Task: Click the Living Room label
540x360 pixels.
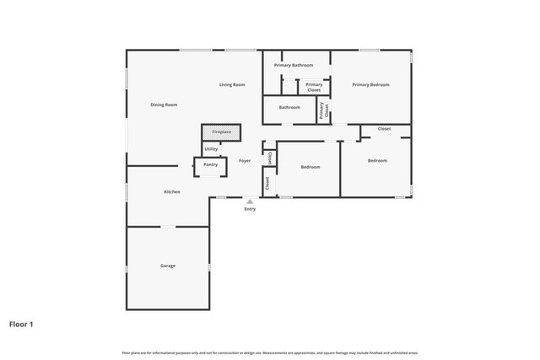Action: (232, 84)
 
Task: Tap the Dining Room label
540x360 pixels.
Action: (164, 105)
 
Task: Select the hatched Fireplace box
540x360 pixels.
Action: (221, 132)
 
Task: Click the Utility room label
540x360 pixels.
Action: (211, 149)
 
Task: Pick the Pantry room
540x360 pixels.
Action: (210, 165)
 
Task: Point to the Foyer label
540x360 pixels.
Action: (245, 160)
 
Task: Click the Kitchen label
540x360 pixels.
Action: (171, 192)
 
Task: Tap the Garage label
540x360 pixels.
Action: (168, 266)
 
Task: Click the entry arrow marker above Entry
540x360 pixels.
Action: (250, 201)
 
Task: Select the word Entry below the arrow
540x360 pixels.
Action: (250, 209)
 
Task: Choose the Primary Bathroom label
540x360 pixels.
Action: (294, 65)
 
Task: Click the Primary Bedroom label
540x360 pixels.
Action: (370, 84)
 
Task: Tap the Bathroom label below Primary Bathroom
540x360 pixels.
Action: (289, 107)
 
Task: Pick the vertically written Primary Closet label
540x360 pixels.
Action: (321, 110)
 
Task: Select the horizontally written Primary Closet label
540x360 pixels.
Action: (314, 87)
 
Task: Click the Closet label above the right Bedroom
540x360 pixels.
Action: (384, 129)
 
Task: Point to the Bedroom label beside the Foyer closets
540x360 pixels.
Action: (310, 167)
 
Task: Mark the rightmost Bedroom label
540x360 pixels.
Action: (377, 160)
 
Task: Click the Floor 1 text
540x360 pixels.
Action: (21, 323)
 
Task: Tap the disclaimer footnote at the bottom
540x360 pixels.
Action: (270, 352)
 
